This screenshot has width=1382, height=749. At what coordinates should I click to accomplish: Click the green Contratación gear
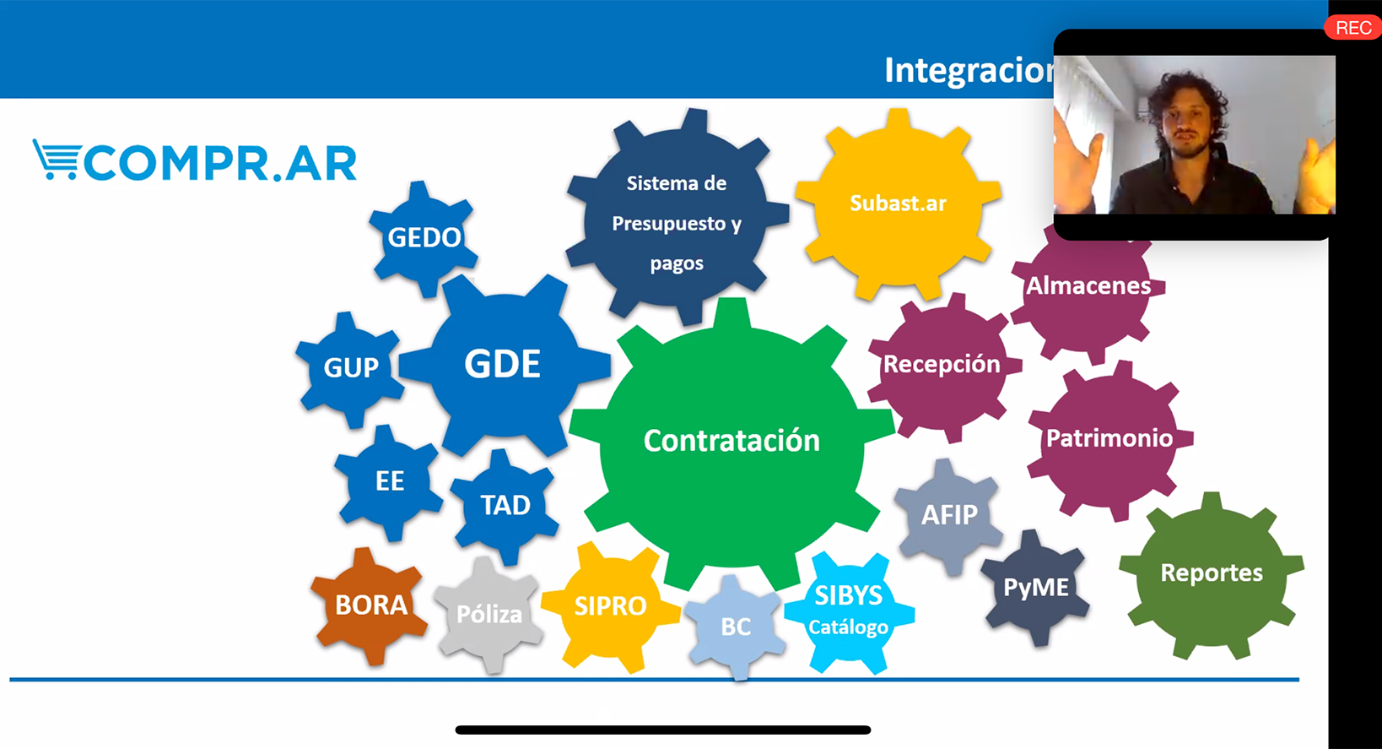pyautogui.click(x=731, y=441)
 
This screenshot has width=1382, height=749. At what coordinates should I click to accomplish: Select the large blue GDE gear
pyautogui.click(x=503, y=365)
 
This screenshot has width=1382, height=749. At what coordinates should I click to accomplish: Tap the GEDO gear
pyautogui.click(x=424, y=237)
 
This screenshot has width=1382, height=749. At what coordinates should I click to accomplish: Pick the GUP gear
pyautogui.click(x=351, y=367)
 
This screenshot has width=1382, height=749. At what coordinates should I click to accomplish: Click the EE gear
pyautogui.click(x=389, y=481)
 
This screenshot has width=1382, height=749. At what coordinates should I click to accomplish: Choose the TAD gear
pyautogui.click(x=505, y=505)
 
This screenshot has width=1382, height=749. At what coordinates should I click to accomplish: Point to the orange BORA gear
pyautogui.click(x=370, y=605)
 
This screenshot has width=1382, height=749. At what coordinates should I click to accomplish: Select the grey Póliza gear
pyautogui.click(x=489, y=614)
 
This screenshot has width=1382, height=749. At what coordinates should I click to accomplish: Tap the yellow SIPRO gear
pyautogui.click(x=610, y=605)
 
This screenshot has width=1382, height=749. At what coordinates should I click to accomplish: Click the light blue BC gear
pyautogui.click(x=736, y=627)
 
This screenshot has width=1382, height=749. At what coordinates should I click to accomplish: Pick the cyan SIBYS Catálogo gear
pyautogui.click(x=849, y=610)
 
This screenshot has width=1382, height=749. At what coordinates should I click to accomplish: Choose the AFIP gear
pyautogui.click(x=949, y=515)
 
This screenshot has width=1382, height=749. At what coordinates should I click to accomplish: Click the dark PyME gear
pyautogui.click(x=1035, y=587)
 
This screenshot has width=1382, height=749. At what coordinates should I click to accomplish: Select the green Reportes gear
pyautogui.click(x=1212, y=573)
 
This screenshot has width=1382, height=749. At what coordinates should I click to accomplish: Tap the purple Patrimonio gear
pyautogui.click(x=1109, y=438)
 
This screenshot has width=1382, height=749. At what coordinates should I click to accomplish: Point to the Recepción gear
pyautogui.click(x=942, y=365)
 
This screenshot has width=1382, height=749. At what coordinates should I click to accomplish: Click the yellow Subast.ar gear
pyautogui.click(x=898, y=204)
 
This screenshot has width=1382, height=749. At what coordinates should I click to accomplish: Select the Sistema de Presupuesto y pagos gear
pyautogui.click(x=677, y=223)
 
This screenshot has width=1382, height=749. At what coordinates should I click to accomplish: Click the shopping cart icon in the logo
pyautogui.click(x=57, y=160)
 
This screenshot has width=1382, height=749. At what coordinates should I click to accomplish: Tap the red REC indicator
pyautogui.click(x=1352, y=28)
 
